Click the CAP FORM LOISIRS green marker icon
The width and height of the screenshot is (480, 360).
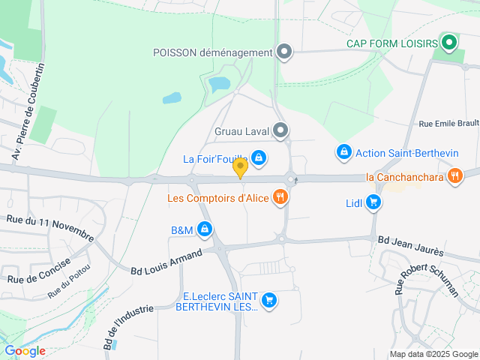click(x=449, y=43)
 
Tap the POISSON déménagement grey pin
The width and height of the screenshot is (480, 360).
click(x=284, y=52)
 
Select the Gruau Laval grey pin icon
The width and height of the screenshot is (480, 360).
click(x=280, y=132)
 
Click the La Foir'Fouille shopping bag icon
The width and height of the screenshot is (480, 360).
click(x=259, y=157)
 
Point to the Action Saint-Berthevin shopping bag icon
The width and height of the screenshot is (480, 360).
click(x=344, y=152)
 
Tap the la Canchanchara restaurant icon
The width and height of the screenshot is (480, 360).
click(x=454, y=177)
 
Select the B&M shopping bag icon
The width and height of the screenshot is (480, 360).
click(x=203, y=230)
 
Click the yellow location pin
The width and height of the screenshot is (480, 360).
click(x=240, y=167)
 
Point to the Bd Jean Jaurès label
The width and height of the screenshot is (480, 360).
click(x=410, y=245)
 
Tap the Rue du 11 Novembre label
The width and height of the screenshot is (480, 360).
click(x=49, y=227)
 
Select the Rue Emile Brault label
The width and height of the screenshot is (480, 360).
click(x=448, y=124)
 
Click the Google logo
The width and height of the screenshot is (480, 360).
click(x=25, y=350)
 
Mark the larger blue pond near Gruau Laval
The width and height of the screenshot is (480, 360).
click(x=220, y=84)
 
